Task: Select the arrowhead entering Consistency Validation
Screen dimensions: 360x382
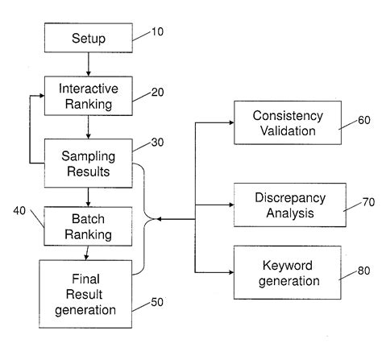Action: click(230, 122)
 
